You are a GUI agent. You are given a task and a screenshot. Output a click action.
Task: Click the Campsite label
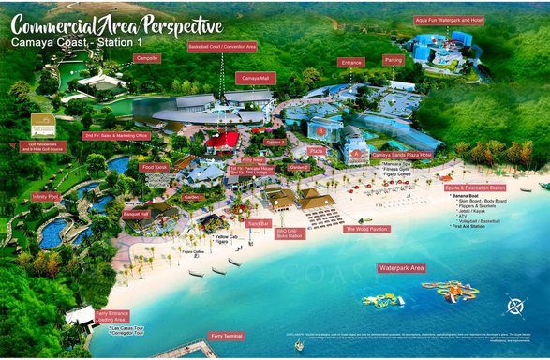click(x=147, y=58)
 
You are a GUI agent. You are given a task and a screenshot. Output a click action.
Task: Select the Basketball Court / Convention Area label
click(x=222, y=46)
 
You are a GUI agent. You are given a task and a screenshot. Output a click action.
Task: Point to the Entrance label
click(x=351, y=62)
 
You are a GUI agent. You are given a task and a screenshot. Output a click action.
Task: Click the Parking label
click(x=394, y=60)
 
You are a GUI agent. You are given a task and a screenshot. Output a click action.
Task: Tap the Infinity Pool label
click(x=45, y=197)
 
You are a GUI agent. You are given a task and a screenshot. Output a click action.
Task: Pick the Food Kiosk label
click(x=154, y=167)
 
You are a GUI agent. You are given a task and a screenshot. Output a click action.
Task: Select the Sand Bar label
click(x=259, y=223)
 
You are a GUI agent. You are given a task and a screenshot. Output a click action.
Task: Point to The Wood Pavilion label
click(x=366, y=229)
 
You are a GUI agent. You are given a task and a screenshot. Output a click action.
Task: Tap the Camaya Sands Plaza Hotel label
click(x=401, y=154)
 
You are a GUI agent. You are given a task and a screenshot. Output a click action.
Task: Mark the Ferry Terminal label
click(x=227, y=336)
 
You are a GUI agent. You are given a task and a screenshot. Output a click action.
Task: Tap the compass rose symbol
click(x=514, y=306)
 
